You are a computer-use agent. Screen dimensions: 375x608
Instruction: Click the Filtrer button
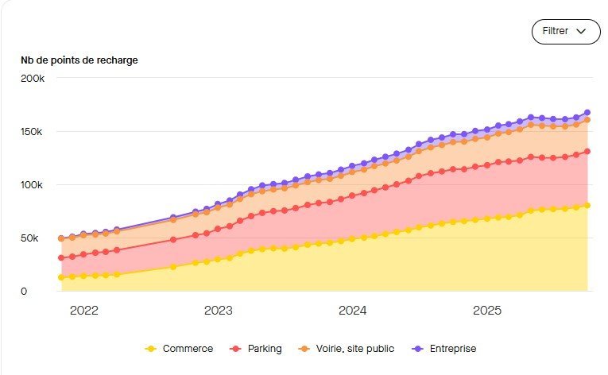[565, 31]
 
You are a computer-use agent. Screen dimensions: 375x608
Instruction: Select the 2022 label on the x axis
[83, 311]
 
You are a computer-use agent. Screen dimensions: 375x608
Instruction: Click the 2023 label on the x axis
[218, 311]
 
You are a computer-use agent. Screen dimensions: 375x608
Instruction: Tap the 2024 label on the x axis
[352, 311]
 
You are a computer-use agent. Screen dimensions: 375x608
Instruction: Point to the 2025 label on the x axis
[486, 311]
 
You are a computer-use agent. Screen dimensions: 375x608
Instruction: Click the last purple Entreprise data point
[587, 113]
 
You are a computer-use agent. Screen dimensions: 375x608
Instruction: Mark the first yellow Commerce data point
[61, 277]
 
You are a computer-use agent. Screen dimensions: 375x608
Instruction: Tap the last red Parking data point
[587, 152]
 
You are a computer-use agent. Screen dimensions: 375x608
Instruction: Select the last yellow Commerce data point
[587, 205]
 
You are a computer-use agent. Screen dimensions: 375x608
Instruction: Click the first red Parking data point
[61, 257]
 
